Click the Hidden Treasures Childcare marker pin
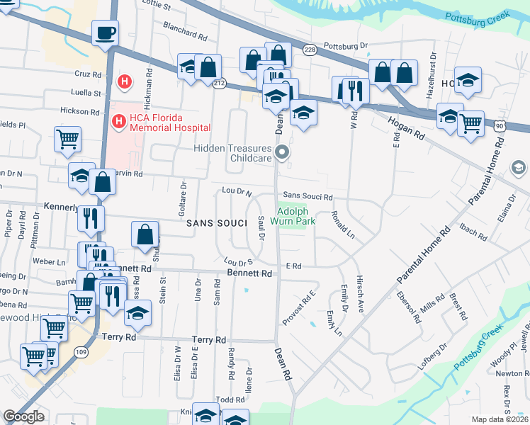click(x=283, y=152)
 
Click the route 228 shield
click(x=309, y=49)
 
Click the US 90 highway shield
click(x=500, y=125)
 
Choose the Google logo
click(x=24, y=417)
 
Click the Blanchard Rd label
click(x=184, y=33)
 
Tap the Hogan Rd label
click(x=406, y=127)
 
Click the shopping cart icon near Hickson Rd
click(x=67, y=140)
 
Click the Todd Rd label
click(x=230, y=400)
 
